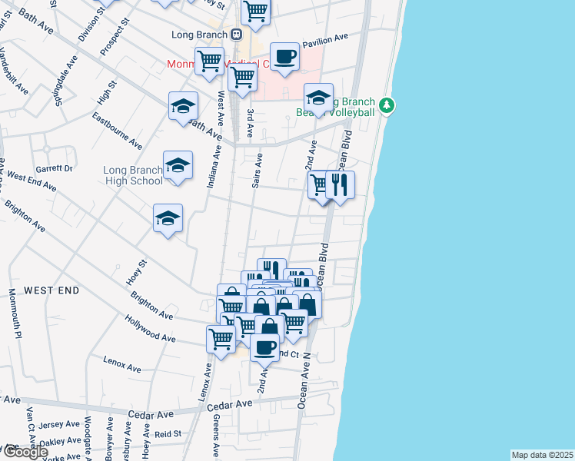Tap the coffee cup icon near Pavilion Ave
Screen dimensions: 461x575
pyautogui.click(x=284, y=56)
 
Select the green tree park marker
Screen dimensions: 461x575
pyautogui.click(x=388, y=104)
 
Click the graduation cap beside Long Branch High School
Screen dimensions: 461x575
pyautogui.click(x=178, y=165)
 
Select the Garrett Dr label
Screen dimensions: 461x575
pyautogui.click(x=54, y=168)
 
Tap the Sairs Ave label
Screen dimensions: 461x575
pyautogui.click(x=258, y=171)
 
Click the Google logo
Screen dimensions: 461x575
pyautogui.click(x=25, y=452)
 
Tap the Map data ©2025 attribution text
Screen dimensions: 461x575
pyautogui.click(x=542, y=455)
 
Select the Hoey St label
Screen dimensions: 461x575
pyautogui.click(x=137, y=273)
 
